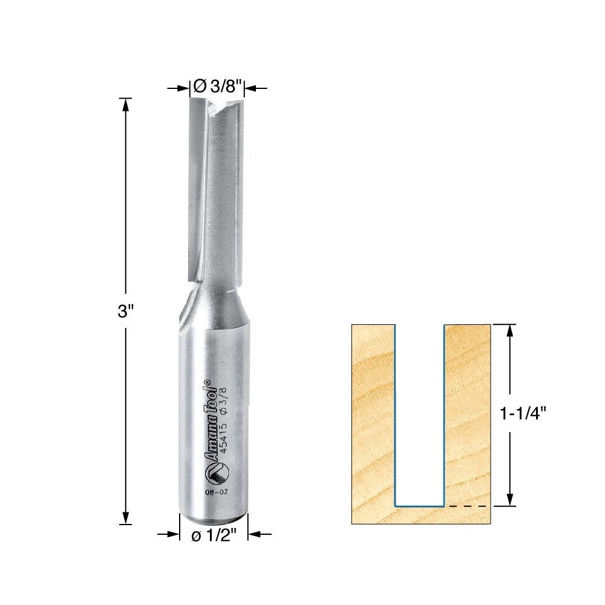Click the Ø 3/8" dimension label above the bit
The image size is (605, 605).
(217, 87)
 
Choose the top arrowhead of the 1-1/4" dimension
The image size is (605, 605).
(511, 330)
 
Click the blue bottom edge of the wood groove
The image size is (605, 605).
(419, 505)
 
